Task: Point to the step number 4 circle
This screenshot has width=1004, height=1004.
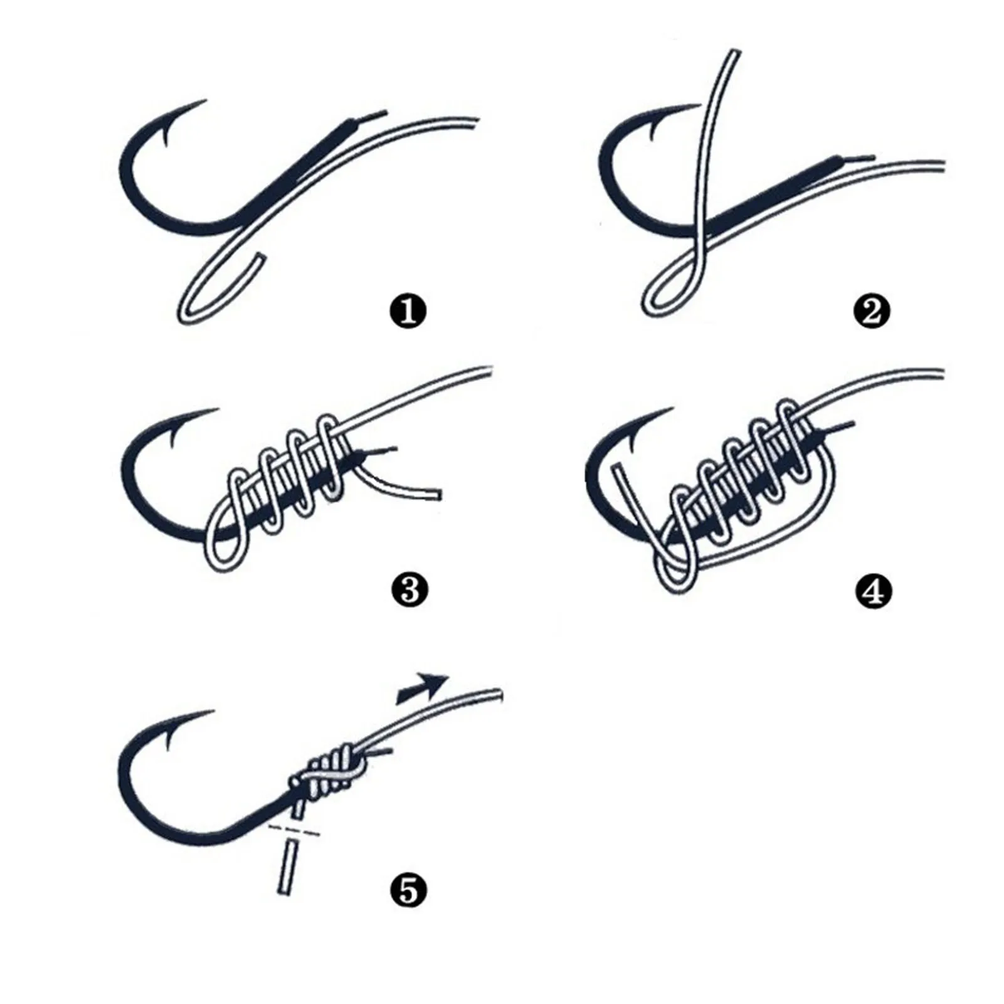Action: click(x=872, y=591)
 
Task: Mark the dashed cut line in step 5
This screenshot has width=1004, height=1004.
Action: click(x=293, y=832)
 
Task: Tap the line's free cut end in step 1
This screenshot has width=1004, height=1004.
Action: click(x=258, y=257)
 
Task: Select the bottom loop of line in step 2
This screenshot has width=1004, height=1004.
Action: click(x=655, y=301)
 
